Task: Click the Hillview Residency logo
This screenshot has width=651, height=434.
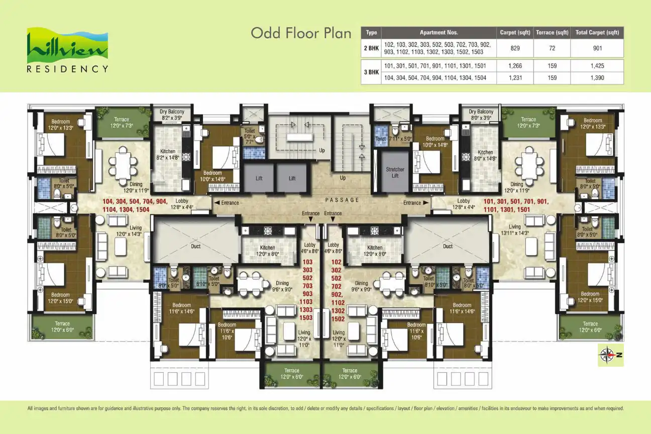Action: tap(67, 51)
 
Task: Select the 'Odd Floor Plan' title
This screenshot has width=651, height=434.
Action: tap(301, 33)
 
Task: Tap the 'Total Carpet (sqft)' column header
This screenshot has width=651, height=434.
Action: tap(597, 33)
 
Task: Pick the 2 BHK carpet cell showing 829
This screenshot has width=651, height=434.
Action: tap(514, 48)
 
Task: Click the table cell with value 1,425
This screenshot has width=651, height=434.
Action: tap(597, 65)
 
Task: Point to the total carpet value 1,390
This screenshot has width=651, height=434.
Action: tap(597, 78)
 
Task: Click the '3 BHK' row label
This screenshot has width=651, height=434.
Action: tap(371, 72)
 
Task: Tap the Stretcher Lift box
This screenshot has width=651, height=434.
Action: tap(395, 172)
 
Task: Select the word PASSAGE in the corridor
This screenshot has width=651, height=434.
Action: tap(342, 200)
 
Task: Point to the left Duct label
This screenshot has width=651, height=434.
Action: tap(196, 247)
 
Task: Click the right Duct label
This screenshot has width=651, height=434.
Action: tap(448, 247)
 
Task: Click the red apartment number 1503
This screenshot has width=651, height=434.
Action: tap(306, 317)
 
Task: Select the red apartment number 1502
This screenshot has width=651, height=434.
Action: tap(338, 319)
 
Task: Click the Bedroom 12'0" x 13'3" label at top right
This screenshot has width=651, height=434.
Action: tap(593, 124)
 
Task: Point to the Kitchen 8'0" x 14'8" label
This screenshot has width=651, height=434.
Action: tap(485, 155)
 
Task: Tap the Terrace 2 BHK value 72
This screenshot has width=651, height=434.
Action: tap(551, 48)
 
